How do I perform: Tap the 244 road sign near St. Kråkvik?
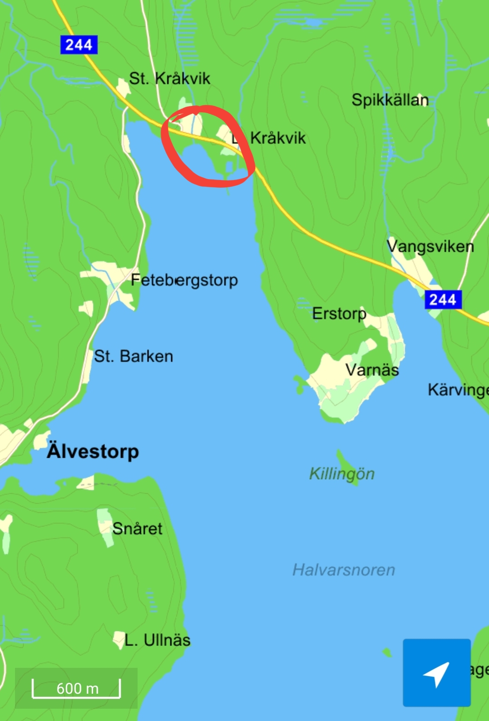[x=79, y=45]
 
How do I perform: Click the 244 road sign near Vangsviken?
[x=443, y=300]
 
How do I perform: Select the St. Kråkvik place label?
[x=169, y=79]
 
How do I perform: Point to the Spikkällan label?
[x=390, y=100]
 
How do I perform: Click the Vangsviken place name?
[x=430, y=246]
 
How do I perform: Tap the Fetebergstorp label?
[x=184, y=280]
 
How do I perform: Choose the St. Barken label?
[x=133, y=356]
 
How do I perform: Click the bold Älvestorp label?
[x=93, y=451]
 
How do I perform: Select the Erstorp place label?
[x=339, y=314]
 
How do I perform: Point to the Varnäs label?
[x=372, y=370]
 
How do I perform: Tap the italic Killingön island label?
[x=342, y=474]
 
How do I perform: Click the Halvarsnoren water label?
[x=344, y=570]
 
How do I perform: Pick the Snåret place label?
[x=137, y=529]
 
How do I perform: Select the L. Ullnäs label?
[x=157, y=640]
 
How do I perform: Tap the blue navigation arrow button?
[x=436, y=672]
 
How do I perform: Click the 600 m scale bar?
[x=76, y=688]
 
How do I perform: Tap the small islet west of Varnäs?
[x=299, y=384]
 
